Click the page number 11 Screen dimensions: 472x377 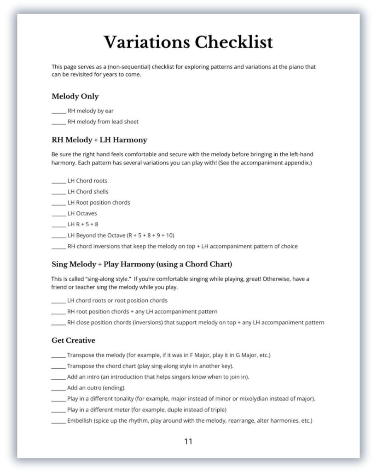click(188, 441)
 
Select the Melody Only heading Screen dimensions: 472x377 click(75, 96)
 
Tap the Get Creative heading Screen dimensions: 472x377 click(73, 341)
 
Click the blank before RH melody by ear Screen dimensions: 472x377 click(58, 111)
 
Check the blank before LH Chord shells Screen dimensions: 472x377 click(58, 192)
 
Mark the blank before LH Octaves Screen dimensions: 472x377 click(58, 214)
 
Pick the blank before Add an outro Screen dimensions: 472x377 click(58, 388)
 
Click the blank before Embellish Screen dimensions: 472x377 click(58, 421)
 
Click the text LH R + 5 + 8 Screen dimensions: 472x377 click(83, 224)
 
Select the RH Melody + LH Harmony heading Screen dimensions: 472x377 click(99, 140)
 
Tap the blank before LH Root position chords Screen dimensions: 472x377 click(58, 203)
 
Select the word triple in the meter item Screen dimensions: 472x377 click(218, 410)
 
